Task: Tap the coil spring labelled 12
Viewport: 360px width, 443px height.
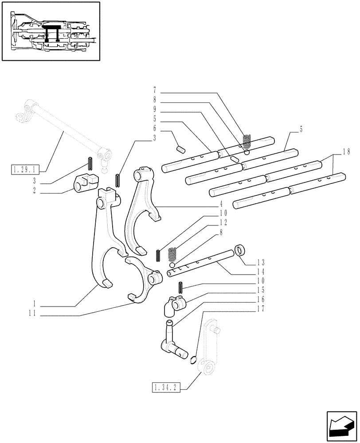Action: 173,254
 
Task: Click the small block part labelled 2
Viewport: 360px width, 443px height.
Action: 85,184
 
